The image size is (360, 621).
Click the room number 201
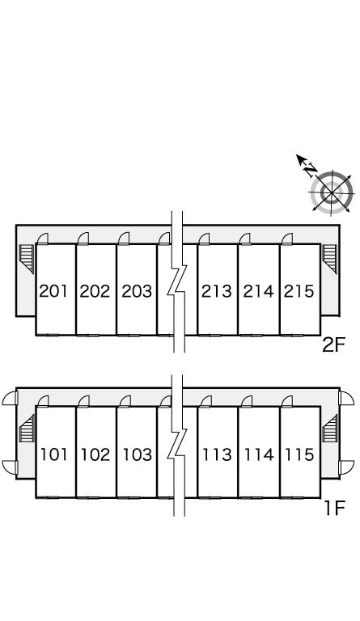click(x=54, y=291)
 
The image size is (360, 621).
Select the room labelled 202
click(x=95, y=291)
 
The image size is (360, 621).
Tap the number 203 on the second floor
click(x=137, y=291)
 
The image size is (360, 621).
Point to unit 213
click(x=217, y=291)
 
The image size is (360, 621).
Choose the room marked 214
click(x=258, y=291)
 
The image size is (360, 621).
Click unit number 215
click(x=299, y=291)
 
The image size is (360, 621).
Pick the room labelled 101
click(x=54, y=454)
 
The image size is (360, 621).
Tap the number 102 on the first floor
click(x=95, y=454)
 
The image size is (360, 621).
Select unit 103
click(x=138, y=454)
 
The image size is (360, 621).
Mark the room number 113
click(x=218, y=454)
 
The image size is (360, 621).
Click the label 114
click(x=259, y=454)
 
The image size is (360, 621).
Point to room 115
click(x=300, y=454)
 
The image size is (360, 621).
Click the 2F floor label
click(x=334, y=346)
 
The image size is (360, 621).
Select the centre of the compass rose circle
click(x=331, y=193)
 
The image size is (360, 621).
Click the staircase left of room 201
click(x=27, y=259)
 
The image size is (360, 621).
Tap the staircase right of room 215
click(x=329, y=259)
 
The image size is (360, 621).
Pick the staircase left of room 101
click(x=27, y=428)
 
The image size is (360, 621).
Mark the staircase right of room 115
click(x=329, y=428)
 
